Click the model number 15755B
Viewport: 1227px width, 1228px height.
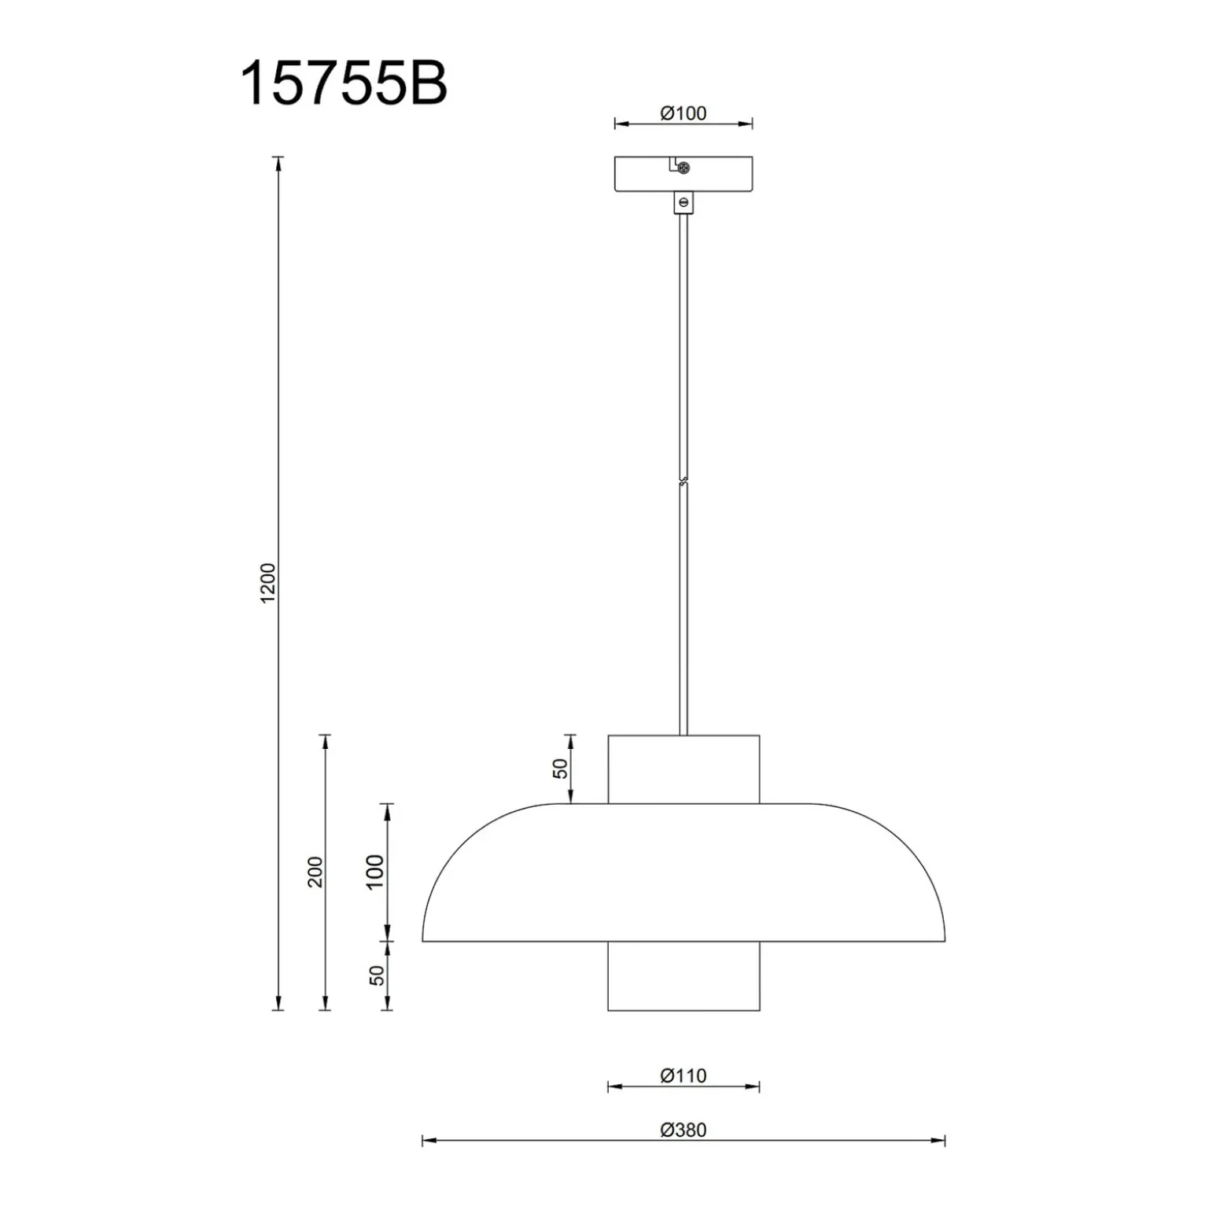pyautogui.click(x=343, y=83)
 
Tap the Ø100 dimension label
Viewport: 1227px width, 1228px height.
pyautogui.click(x=684, y=113)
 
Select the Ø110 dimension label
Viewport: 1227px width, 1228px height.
pyautogui.click(x=684, y=1075)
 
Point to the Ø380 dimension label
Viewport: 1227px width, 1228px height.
pyautogui.click(x=684, y=1130)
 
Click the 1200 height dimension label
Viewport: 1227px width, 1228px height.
pyautogui.click(x=268, y=584)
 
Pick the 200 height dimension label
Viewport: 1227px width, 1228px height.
pyautogui.click(x=315, y=872)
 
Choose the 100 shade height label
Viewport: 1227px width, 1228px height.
pyautogui.click(x=375, y=872)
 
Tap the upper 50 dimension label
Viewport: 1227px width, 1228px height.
pyautogui.click(x=559, y=769)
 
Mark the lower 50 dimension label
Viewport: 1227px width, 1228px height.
pyautogui.click(x=378, y=975)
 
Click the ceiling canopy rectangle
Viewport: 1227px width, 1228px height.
pyautogui.click(x=684, y=175)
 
